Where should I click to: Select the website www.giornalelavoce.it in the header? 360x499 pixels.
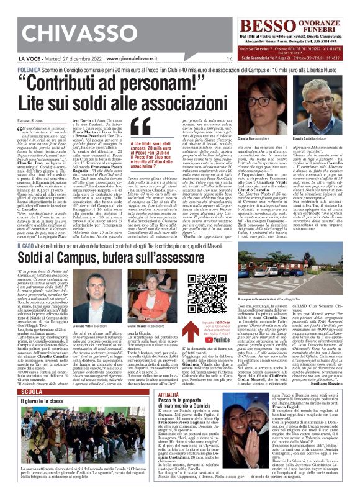tap(122, 60)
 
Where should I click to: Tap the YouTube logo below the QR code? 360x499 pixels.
tap(223, 339)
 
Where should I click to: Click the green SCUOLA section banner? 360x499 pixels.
tap(32, 392)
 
